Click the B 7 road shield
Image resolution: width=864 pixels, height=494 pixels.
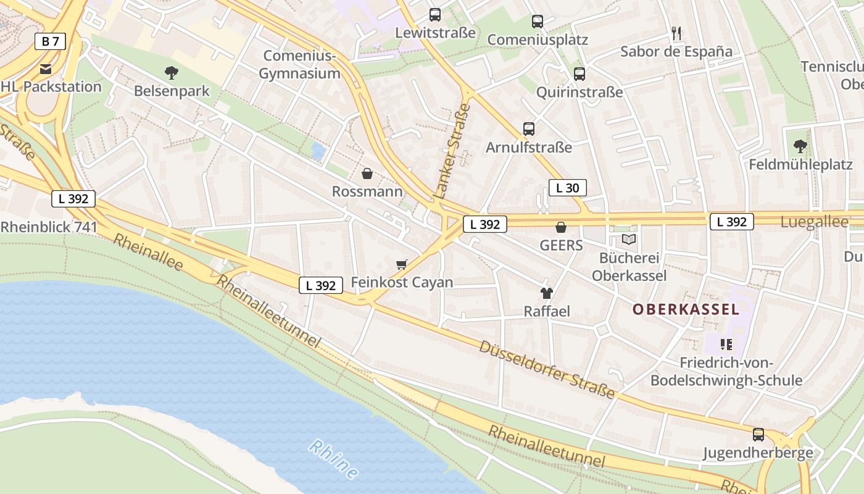pyautogui.click(x=50, y=42)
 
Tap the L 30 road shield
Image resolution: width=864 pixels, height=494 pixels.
pyautogui.click(x=567, y=188)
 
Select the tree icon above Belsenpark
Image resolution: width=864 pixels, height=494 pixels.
pyautogui.click(x=172, y=73)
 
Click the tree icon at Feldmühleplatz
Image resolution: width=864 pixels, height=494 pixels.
pyautogui.click(x=800, y=146)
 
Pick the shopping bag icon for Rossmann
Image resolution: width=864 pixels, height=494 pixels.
pyautogui.click(x=367, y=173)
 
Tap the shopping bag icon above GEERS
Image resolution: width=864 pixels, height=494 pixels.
pyautogui.click(x=561, y=227)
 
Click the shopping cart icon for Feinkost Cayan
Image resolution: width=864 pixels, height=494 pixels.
pyautogui.click(x=402, y=264)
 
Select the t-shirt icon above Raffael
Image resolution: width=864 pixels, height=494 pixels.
pyautogui.click(x=546, y=293)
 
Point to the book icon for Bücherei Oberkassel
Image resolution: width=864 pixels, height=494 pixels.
pyautogui.click(x=629, y=239)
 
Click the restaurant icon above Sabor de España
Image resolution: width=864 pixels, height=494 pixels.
pyautogui.click(x=676, y=33)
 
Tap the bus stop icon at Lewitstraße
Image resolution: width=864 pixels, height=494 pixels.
pyautogui.click(x=435, y=15)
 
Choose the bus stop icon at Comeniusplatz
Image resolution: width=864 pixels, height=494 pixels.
pyautogui.click(x=538, y=22)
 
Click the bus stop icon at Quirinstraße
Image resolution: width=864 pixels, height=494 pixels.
pyautogui.click(x=579, y=74)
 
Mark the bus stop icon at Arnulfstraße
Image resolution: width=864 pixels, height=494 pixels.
pyautogui.click(x=529, y=129)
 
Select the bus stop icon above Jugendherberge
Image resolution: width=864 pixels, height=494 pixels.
pyautogui.click(x=758, y=435)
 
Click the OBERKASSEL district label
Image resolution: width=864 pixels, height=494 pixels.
pyautogui.click(x=686, y=309)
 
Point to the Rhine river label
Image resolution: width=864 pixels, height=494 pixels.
pyautogui.click(x=334, y=459)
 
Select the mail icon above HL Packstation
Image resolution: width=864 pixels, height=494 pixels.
pyautogui.click(x=46, y=68)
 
